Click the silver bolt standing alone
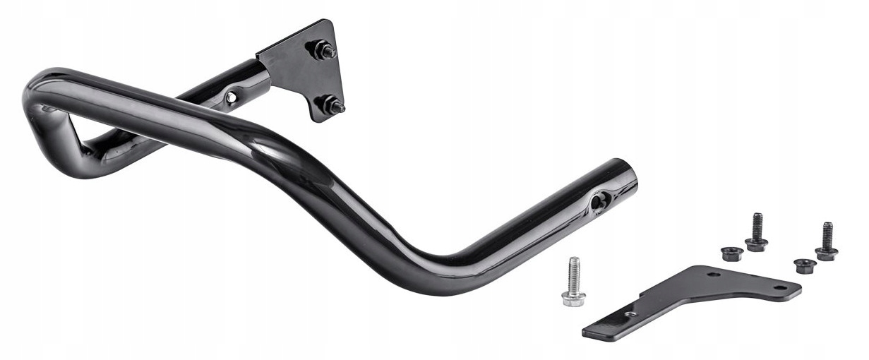573,281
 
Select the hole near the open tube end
598,201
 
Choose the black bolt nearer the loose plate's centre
757,232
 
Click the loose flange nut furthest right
805,266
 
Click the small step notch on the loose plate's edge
641,298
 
